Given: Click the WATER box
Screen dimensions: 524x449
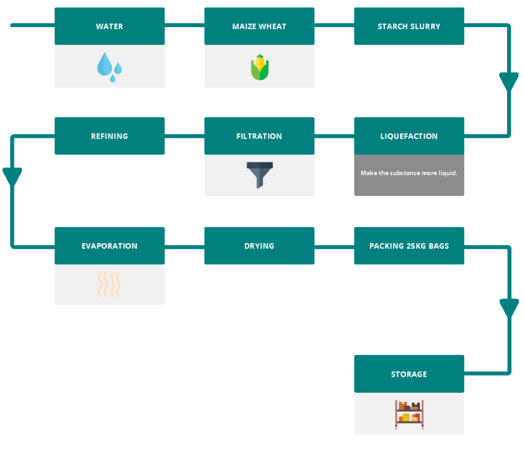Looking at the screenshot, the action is [x=110, y=26].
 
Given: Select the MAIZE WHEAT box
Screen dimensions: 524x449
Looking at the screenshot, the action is [x=259, y=26].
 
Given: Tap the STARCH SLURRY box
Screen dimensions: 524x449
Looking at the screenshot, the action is [x=409, y=26].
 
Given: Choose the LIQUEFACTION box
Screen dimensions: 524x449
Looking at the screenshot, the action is [x=409, y=136].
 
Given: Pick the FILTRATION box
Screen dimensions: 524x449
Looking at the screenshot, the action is [x=259, y=136].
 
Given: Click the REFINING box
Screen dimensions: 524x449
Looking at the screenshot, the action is [x=110, y=136].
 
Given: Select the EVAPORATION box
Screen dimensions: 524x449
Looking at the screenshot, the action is [x=110, y=246].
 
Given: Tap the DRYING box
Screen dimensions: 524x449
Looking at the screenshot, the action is [x=259, y=246].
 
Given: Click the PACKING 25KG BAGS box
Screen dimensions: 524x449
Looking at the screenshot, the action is [x=409, y=246].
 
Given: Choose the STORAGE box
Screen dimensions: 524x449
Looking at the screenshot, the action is [x=409, y=374].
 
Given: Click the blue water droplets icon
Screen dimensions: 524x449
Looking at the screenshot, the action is [x=110, y=67].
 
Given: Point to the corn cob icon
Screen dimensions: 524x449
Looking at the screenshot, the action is [x=259, y=67].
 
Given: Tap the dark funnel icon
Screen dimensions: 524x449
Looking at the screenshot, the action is [x=259, y=175].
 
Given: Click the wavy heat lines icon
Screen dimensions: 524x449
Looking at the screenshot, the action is [x=110, y=285].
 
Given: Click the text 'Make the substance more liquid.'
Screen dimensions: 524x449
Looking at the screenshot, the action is [x=409, y=173].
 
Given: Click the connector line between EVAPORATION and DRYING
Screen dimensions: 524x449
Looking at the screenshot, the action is [x=184, y=247].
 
